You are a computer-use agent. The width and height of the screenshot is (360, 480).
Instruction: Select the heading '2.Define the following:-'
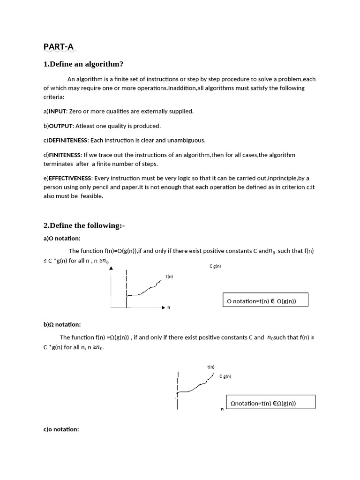84,225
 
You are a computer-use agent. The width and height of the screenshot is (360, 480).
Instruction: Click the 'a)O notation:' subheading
62,239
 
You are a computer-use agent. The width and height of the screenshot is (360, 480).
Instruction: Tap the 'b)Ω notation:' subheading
62,324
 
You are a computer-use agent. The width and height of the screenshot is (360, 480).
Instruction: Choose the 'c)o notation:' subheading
61,429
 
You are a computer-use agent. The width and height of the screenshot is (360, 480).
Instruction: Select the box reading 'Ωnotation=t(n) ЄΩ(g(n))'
270,402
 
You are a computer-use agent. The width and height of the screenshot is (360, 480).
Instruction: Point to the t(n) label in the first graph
169,277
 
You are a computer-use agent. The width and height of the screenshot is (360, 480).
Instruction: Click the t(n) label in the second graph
211,367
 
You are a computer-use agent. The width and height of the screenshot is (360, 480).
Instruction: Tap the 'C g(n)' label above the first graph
215,266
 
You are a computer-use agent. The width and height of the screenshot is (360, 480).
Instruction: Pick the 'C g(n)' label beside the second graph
225,376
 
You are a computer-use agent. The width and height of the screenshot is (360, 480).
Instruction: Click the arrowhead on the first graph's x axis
163,307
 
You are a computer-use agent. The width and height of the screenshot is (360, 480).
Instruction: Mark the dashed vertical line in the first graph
127,286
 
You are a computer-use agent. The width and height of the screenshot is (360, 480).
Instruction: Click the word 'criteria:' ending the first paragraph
54,97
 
